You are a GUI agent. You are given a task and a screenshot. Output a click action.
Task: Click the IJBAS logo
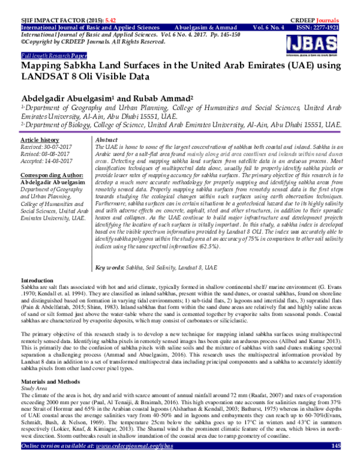pyautogui.click(x=316, y=43)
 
